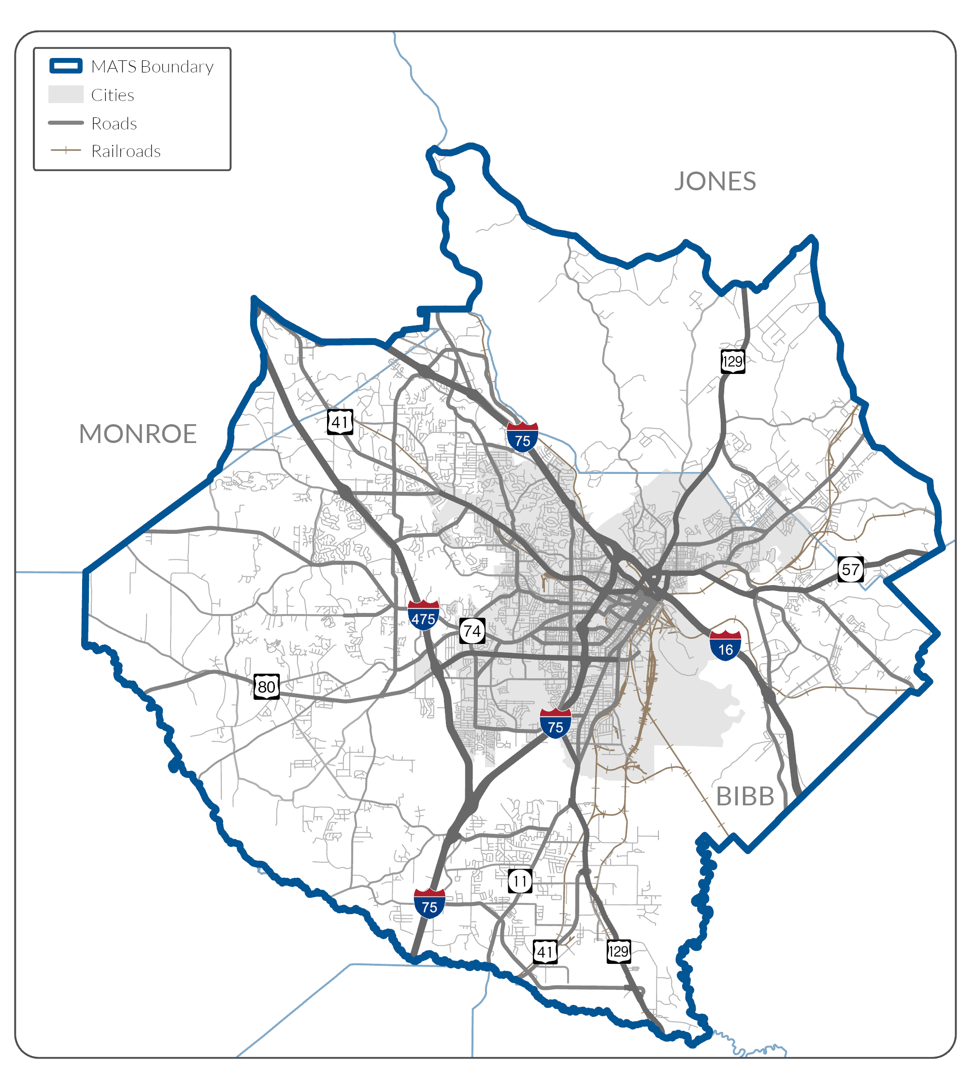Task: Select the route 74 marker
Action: pyautogui.click(x=472, y=631)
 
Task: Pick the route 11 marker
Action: pyautogui.click(x=520, y=881)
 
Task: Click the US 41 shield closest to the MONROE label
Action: pyautogui.click(x=340, y=422)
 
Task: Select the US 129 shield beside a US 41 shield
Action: pyautogui.click(x=619, y=951)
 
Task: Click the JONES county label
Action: pyautogui.click(x=715, y=182)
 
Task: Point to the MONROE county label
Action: pyautogui.click(x=138, y=434)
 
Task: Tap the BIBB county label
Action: pyautogui.click(x=745, y=797)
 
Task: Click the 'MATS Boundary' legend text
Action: pyautogui.click(x=152, y=67)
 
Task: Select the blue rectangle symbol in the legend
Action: pyautogui.click(x=66, y=66)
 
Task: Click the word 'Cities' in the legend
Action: pyautogui.click(x=113, y=95)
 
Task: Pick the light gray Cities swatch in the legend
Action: pyautogui.click(x=66, y=95)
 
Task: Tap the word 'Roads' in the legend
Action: pyautogui.click(x=114, y=124)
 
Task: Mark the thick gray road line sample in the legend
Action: pyautogui.click(x=66, y=123)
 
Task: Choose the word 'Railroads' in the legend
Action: pyautogui.click(x=126, y=152)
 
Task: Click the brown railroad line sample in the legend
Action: pyautogui.click(x=66, y=150)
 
